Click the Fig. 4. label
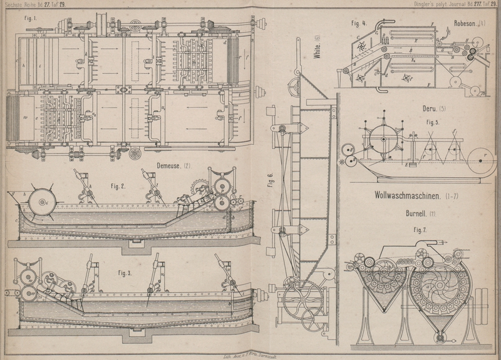click(358, 23)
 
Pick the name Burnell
click(416, 213)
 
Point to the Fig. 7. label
click(419, 230)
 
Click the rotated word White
click(318, 48)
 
